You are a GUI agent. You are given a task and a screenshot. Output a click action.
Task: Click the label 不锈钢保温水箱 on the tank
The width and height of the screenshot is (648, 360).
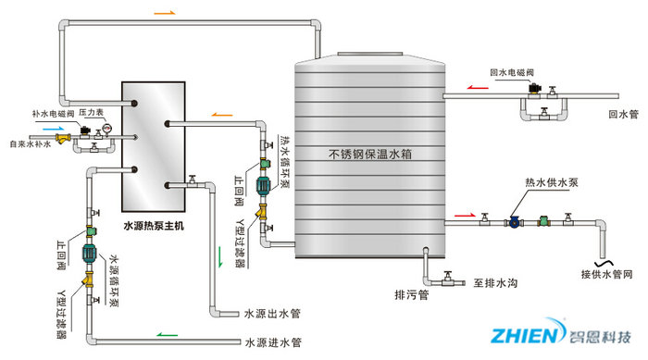(368, 154)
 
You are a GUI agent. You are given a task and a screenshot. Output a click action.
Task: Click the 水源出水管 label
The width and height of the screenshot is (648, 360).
(272, 314)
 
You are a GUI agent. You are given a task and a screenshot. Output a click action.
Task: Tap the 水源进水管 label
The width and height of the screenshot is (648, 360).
(272, 342)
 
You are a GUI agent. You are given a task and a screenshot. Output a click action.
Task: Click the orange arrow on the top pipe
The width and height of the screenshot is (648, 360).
(163, 13)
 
